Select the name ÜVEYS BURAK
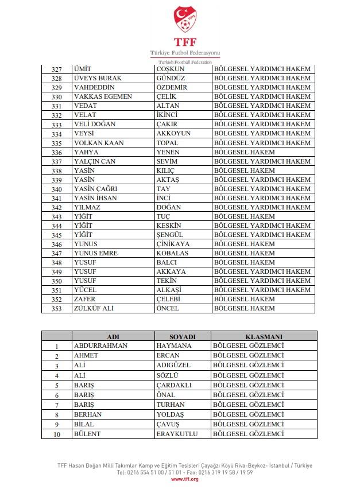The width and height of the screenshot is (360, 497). point(98,78)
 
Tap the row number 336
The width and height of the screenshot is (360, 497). point(56,153)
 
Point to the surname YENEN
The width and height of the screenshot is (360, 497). point(168,152)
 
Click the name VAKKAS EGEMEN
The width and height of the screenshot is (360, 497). point(103,96)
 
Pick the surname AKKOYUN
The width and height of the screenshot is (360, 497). point(173,133)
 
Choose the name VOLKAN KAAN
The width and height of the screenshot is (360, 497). point(99,143)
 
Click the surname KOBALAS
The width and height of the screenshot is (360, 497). point(172,253)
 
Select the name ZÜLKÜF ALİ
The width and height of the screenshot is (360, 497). point(94,308)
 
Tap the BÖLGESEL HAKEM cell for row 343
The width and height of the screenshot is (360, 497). point(244,216)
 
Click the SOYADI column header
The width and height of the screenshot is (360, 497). point(183,337)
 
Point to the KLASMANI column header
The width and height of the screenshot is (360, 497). point(264,337)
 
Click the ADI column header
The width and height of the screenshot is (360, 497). point(113,337)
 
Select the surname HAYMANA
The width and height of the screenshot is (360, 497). point(174,346)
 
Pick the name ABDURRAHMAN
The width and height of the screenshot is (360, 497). point(100,346)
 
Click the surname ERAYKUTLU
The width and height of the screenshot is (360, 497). point(177,434)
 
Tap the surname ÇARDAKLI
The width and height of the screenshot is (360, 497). point(174,385)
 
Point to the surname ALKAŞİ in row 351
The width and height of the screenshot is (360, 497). point(171,290)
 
